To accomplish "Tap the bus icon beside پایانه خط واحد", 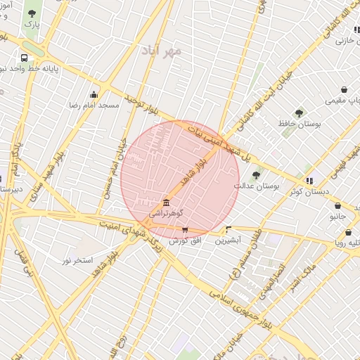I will (x=25, y=58).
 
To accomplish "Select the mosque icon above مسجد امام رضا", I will (x=94, y=95).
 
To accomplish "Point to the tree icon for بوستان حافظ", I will (x=299, y=112).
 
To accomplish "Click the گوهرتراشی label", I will (x=167, y=212).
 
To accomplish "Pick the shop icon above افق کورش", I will (x=185, y=229).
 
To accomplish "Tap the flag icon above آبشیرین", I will (x=229, y=229).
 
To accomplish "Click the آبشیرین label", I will (x=229, y=240).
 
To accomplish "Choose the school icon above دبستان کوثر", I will (x=309, y=181).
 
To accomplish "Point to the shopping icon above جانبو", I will (x=337, y=206).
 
